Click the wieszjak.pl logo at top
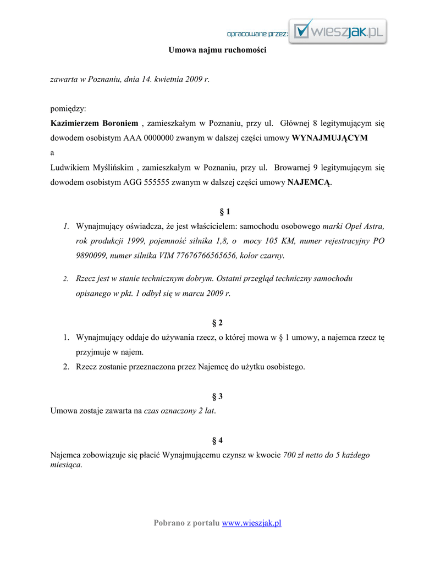click(339, 31)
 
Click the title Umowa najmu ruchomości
click(217, 50)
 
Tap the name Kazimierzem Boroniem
click(94, 123)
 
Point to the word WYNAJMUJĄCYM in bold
click(329, 138)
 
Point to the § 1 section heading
click(217, 212)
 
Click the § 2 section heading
click(217, 323)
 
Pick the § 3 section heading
click(217, 396)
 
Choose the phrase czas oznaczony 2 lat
click(179, 411)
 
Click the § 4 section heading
click(217, 440)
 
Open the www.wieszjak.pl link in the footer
click(251, 523)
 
